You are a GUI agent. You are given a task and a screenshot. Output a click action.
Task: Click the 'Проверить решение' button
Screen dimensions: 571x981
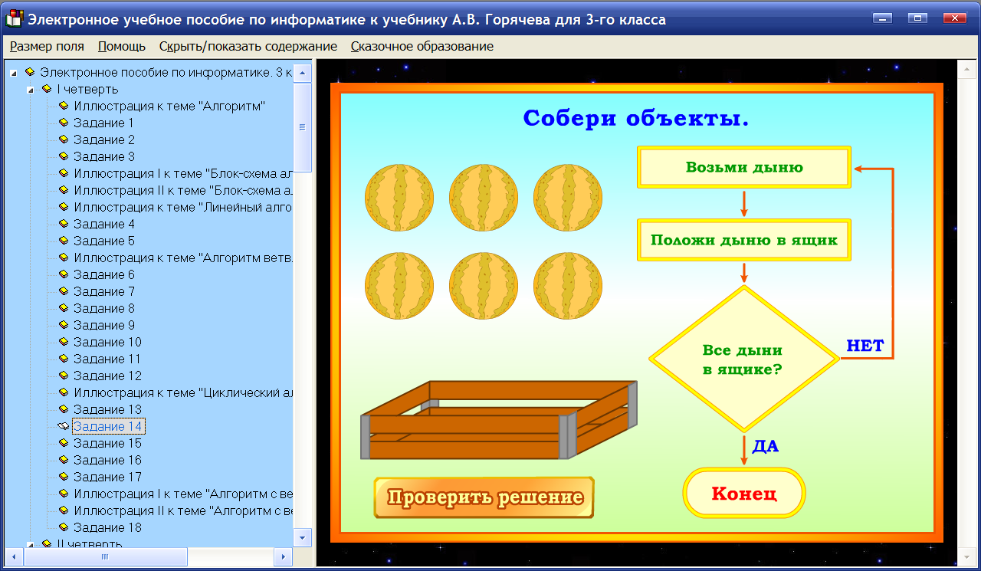484,497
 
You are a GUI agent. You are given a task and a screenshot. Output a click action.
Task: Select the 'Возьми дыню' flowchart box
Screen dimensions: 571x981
744,167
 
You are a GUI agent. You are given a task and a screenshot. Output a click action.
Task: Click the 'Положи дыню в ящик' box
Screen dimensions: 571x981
744,240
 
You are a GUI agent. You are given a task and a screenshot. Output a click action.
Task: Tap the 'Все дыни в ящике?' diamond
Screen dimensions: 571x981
743,359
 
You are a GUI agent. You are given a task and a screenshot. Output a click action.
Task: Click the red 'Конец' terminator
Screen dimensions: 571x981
744,493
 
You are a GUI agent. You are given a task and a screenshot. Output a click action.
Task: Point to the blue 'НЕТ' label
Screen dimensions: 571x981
865,346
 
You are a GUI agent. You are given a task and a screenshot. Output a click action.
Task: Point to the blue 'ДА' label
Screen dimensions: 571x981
765,446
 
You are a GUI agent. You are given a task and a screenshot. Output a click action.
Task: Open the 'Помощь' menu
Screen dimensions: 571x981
122,46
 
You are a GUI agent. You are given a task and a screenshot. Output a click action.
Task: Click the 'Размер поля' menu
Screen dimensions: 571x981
47,46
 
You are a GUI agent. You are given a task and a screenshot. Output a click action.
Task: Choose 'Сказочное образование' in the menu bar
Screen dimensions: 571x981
422,46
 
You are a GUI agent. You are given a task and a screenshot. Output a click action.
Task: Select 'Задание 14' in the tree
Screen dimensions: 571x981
108,426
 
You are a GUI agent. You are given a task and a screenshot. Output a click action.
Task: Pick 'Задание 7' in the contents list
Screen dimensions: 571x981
104,291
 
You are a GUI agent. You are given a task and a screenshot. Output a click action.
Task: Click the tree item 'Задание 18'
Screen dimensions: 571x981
108,527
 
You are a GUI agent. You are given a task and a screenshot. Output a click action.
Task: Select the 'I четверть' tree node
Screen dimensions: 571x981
87,89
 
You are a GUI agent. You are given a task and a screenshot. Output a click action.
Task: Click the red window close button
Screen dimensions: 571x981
954,18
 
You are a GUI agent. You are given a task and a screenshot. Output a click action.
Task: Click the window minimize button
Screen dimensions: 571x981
884,18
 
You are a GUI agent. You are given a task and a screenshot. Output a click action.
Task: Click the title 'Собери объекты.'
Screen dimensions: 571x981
635,119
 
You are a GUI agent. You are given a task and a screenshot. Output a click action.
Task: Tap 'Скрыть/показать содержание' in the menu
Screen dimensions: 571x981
248,46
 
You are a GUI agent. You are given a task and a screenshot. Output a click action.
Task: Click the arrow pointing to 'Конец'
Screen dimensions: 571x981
743,451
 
